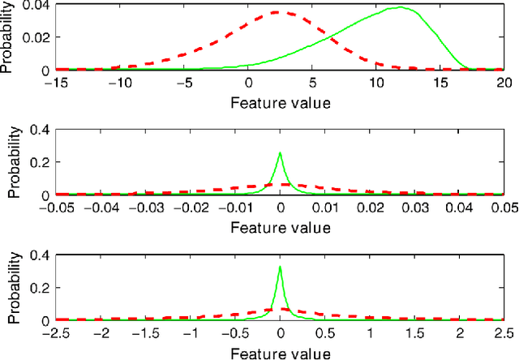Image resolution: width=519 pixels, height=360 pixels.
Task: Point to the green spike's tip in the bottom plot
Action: (280, 267)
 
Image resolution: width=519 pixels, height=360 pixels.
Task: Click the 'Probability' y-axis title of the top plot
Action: (7, 37)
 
